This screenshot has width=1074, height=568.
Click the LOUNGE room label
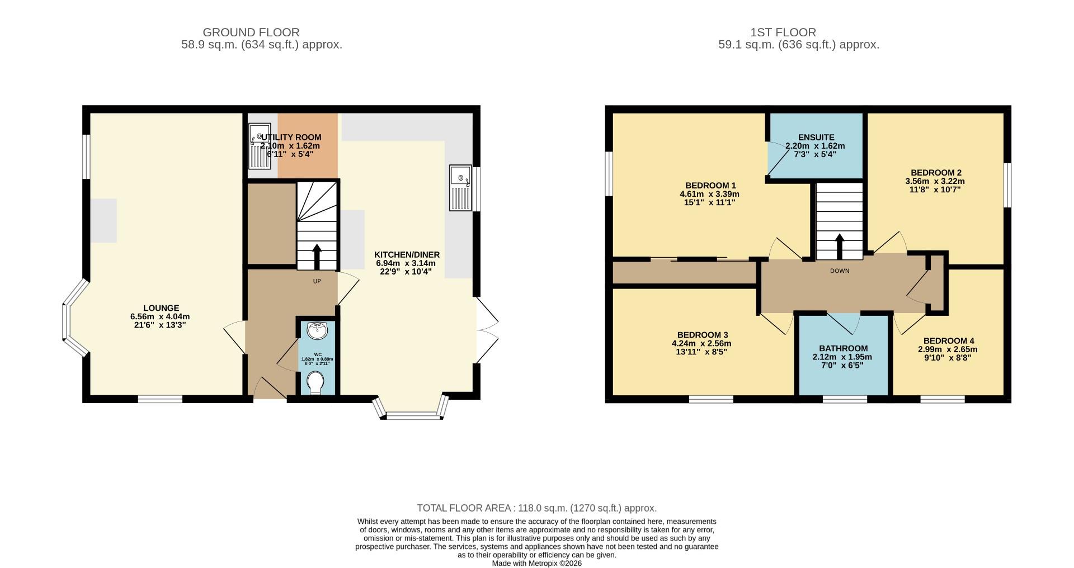point(161,308)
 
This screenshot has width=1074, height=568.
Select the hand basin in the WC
point(318,330)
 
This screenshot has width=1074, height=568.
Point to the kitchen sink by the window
point(461,188)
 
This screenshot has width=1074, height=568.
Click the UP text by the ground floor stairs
point(317,281)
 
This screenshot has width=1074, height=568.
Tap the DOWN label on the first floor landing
point(839,271)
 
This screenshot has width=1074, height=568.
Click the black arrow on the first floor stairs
point(839,246)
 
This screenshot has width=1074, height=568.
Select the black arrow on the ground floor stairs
point(317,257)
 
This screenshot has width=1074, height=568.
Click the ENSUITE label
point(816,138)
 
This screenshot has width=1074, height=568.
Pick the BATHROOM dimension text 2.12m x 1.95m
point(842,357)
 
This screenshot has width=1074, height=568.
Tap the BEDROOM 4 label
point(948,340)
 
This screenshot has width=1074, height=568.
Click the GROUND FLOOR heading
point(251,32)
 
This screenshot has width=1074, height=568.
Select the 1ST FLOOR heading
point(783,32)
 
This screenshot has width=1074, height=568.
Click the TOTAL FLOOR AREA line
point(536,508)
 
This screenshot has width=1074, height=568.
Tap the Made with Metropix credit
point(536,563)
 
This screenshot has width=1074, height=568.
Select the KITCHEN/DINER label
point(407,254)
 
